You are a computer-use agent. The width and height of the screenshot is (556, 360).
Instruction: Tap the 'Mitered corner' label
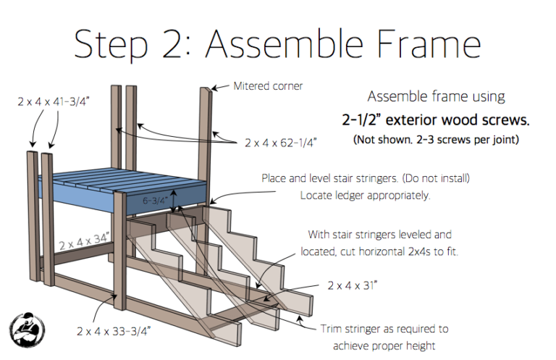click(268, 86)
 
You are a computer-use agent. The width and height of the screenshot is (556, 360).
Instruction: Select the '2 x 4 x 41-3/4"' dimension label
click(54, 102)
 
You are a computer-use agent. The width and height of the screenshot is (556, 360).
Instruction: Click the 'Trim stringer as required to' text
click(384, 328)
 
